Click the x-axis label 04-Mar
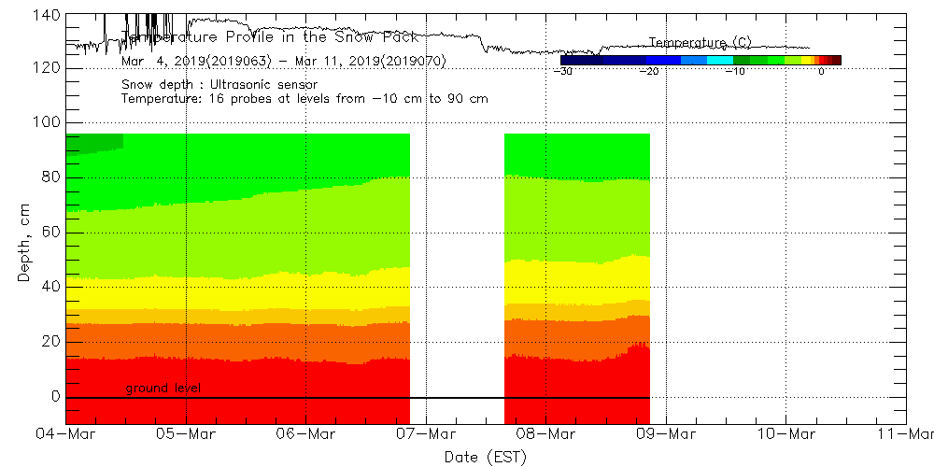point(65,434)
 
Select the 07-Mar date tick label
point(426,434)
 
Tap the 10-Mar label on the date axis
point(785,434)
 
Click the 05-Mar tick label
point(186,434)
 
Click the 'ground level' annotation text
point(163,388)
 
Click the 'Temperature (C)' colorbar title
point(700,43)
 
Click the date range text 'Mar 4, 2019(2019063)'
point(195,61)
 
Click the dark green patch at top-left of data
point(93,143)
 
